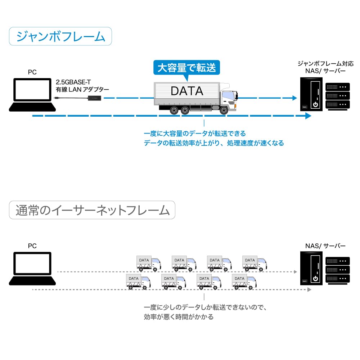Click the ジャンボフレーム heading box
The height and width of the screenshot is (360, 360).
[60, 37]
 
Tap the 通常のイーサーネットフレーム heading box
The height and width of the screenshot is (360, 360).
[92, 210]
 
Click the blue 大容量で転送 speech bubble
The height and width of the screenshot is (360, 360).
[186, 67]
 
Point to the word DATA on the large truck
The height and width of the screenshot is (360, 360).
[187, 91]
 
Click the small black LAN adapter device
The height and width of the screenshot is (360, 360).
[95, 98]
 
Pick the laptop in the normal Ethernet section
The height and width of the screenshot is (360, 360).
[32, 269]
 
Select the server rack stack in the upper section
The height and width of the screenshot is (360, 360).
[337, 96]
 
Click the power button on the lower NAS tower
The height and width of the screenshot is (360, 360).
[315, 278]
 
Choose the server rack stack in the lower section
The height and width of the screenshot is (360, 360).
[337, 270]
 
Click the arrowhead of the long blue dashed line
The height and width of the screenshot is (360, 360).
[308, 116]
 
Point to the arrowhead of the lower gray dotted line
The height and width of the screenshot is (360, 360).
[309, 289]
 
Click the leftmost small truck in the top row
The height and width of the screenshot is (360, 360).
[148, 263]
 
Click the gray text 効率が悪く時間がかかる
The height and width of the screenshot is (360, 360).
[179, 317]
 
